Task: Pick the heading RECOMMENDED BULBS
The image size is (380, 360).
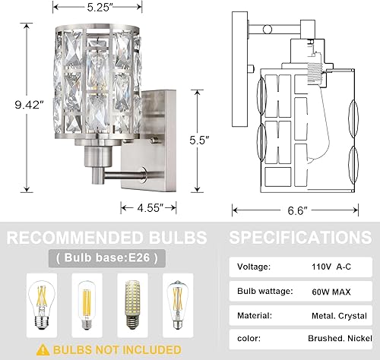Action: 106,235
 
